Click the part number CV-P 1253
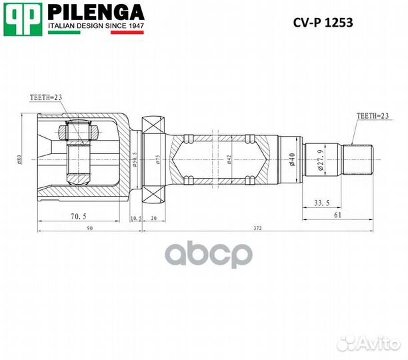tap(323, 23)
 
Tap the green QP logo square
tap(23, 19)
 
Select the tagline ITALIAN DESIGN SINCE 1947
tap(96, 26)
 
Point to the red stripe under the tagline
tap(127, 33)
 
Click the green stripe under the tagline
tap(64, 33)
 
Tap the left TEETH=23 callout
tap(46, 97)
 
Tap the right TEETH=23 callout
tap(373, 116)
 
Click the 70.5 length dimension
tap(79, 216)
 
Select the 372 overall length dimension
tap(257, 228)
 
